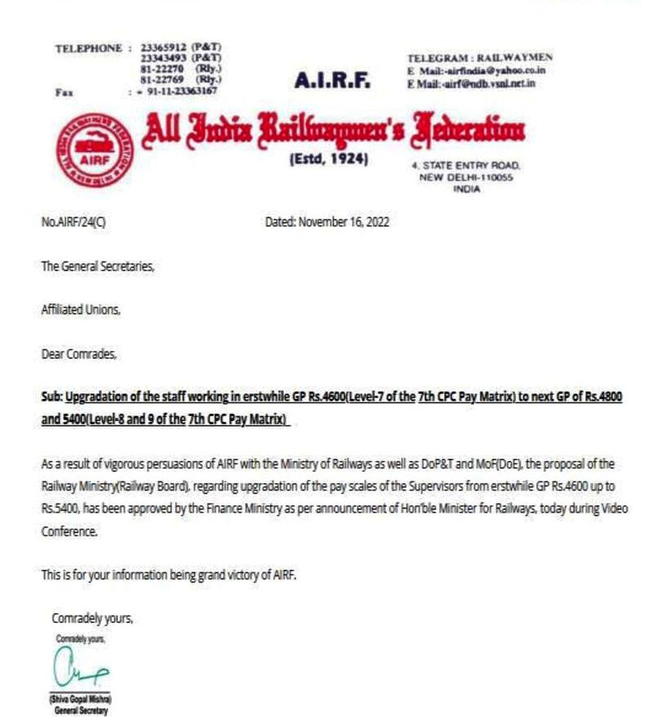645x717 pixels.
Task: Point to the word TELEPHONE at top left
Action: [x=88, y=48]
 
